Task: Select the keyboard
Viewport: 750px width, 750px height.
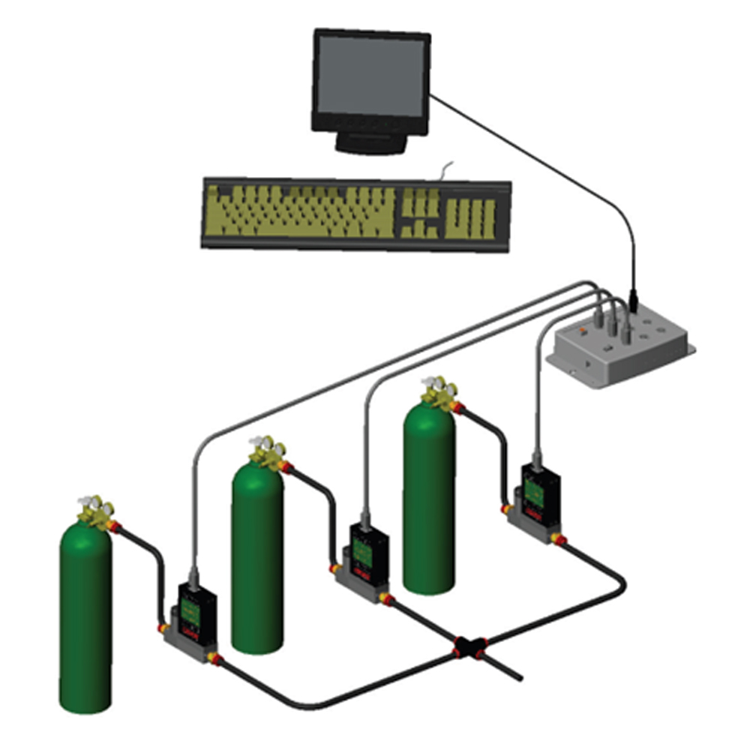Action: point(356,213)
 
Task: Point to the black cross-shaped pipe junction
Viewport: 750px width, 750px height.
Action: point(468,646)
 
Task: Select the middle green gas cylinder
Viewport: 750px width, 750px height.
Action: point(257,555)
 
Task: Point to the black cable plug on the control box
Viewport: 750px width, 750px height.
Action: point(634,304)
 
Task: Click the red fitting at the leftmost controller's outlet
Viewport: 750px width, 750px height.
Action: point(215,659)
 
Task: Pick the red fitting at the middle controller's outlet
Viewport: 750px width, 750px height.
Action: point(386,598)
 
